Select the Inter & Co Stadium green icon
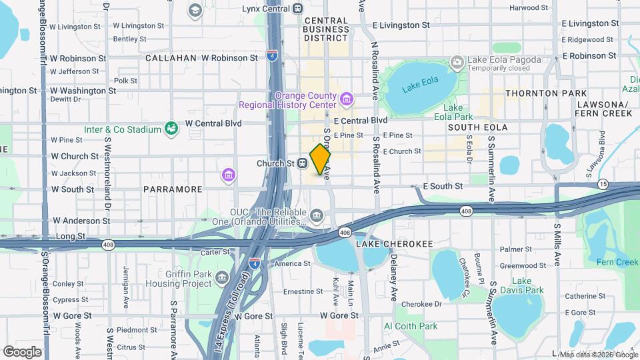pyautogui.click(x=171, y=128)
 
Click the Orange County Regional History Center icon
pyautogui.click(x=346, y=100)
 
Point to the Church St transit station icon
pyautogui.click(x=302, y=163)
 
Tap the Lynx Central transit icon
pyautogui.click(x=297, y=9)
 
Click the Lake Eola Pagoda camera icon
pyautogui.click(x=457, y=63)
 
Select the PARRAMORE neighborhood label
pyautogui.click(x=172, y=189)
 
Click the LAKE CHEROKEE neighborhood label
pyautogui.click(x=387, y=244)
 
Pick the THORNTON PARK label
pyautogui.click(x=546, y=93)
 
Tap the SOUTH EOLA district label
pyautogui.click(x=477, y=127)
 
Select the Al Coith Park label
pyautogui.click(x=411, y=326)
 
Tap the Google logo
pyautogui.click(x=22, y=351)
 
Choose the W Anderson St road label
pyautogui.click(x=80, y=220)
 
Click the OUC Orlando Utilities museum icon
pyautogui.click(x=317, y=215)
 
